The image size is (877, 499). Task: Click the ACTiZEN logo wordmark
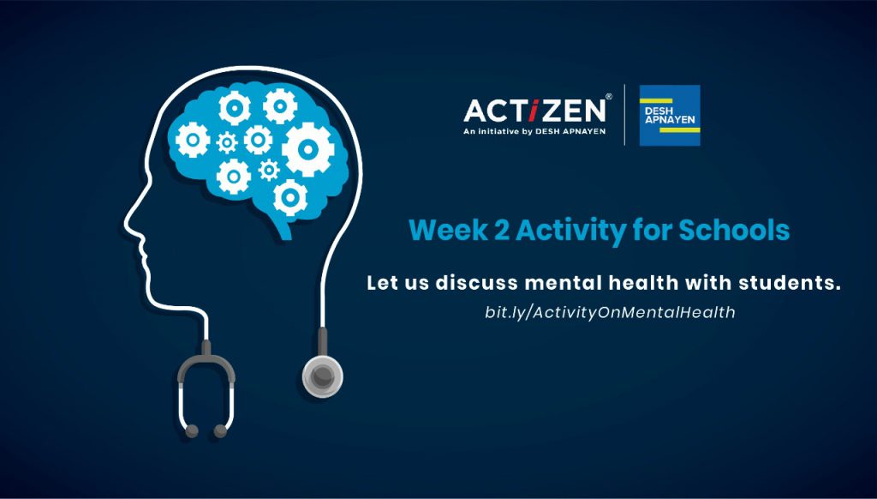tap(534, 111)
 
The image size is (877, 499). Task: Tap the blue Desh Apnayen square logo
tap(670, 116)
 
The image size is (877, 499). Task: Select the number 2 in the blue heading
tap(501, 230)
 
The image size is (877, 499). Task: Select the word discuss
tap(477, 283)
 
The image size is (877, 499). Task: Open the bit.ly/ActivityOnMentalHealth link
tap(610, 312)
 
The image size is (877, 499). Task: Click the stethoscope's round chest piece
tap(323, 376)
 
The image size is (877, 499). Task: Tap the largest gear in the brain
tap(307, 149)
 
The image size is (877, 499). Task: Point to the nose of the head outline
tap(128, 224)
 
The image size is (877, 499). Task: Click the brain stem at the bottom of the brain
tap(281, 227)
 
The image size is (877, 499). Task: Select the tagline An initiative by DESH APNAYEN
tap(534, 132)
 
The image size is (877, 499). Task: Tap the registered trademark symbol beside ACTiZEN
tap(609, 96)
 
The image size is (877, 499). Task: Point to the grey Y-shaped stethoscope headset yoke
tap(206, 367)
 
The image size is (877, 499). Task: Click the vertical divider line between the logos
tap(624, 115)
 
